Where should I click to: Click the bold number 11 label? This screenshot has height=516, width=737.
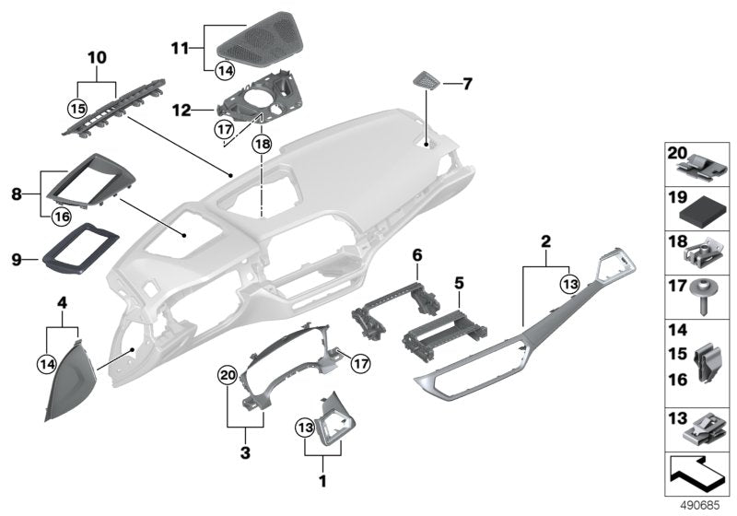point(180,44)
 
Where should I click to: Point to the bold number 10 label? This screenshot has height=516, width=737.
point(97,58)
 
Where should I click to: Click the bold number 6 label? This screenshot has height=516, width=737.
point(415,253)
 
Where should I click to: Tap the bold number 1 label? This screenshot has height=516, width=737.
point(322,480)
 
